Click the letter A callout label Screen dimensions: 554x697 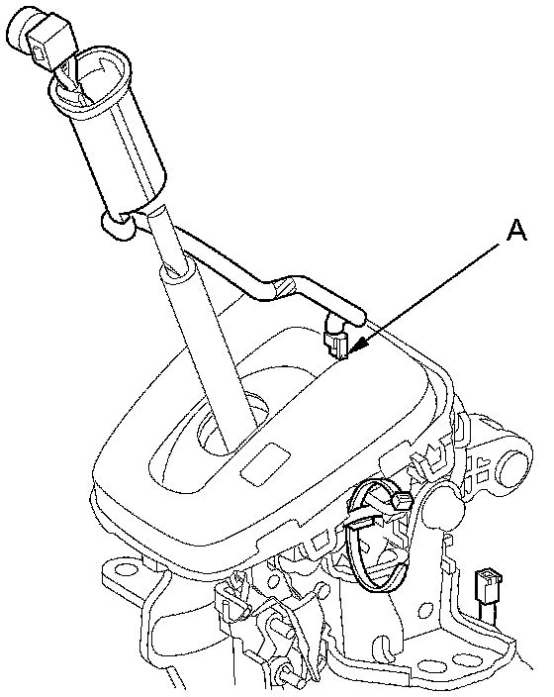pyautogui.click(x=516, y=231)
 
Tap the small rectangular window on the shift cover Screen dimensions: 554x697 pyautogui.click(x=265, y=463)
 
